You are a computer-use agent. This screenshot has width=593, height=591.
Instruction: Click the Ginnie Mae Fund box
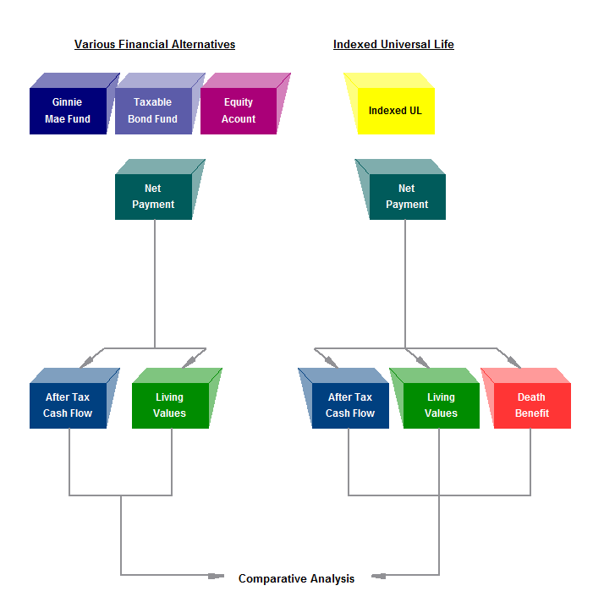click(x=68, y=110)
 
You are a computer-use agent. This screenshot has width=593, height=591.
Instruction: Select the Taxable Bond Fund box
click(x=153, y=110)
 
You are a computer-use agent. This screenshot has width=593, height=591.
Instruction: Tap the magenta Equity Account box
click(x=239, y=110)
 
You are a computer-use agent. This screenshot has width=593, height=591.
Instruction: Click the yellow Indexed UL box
click(x=395, y=111)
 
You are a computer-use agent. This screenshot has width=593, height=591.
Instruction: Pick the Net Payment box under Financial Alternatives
click(x=153, y=196)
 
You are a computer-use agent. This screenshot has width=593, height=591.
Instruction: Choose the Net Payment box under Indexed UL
click(x=407, y=196)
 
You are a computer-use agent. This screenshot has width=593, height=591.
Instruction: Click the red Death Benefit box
click(x=532, y=405)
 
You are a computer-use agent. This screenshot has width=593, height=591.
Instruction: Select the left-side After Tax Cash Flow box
click(x=68, y=405)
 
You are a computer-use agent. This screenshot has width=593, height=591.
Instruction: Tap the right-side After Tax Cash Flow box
click(x=350, y=405)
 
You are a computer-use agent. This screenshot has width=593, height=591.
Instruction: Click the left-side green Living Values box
click(x=170, y=405)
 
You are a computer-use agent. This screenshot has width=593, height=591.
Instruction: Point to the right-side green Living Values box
click(x=441, y=405)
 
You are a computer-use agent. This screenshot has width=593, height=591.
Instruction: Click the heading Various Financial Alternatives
click(x=155, y=45)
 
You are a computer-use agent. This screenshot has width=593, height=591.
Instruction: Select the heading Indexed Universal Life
click(x=393, y=45)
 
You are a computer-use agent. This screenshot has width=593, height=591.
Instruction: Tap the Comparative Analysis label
click(x=296, y=579)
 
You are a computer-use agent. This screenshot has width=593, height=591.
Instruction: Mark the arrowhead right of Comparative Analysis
click(x=377, y=577)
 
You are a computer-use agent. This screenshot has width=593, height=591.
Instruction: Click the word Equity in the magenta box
click(x=239, y=102)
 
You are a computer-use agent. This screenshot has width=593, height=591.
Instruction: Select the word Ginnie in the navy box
click(x=68, y=102)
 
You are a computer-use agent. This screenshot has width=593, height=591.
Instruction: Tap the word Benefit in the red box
click(x=532, y=413)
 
